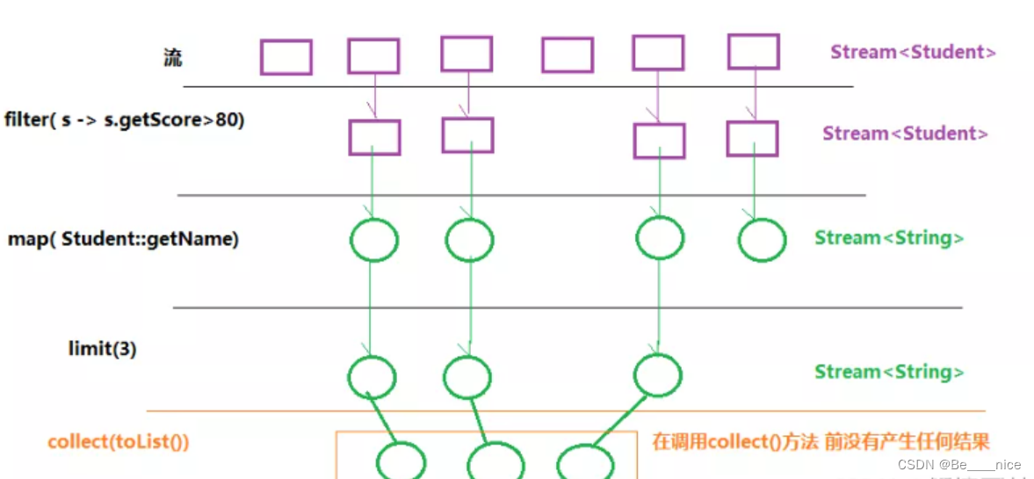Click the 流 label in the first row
[x=172, y=58]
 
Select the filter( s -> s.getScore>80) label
[x=124, y=120]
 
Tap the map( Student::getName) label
[x=123, y=238]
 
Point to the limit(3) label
[x=102, y=348]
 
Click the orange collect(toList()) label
[x=119, y=441]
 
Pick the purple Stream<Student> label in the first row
[x=913, y=52]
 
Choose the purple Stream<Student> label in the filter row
[x=905, y=134]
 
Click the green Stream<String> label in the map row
[x=889, y=237]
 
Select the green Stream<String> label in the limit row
[x=889, y=372]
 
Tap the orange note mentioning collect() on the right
[x=821, y=441]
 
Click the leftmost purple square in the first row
[x=286, y=57]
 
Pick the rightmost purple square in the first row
[x=753, y=51]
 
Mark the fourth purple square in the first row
[x=567, y=54]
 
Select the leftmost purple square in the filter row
[x=374, y=137]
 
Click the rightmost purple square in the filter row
[x=752, y=139]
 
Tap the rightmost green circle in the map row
[x=761, y=240]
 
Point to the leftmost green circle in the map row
[x=374, y=240]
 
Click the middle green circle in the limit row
[x=467, y=377]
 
